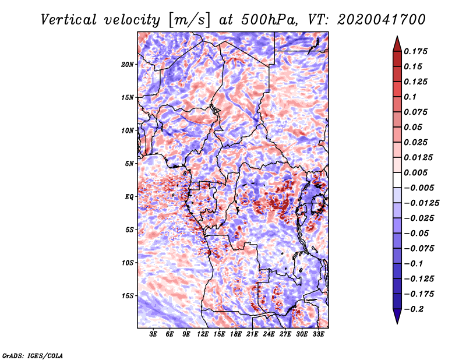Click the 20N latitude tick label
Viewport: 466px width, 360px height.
(x=128, y=65)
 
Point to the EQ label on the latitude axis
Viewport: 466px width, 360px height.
(x=129, y=197)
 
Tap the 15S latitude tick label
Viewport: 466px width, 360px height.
(x=128, y=296)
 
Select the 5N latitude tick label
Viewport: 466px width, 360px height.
(x=129, y=164)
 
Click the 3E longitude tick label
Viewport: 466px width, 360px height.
(x=153, y=334)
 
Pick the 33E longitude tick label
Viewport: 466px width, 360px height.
(x=318, y=334)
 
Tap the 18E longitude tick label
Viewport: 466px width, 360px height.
(x=236, y=334)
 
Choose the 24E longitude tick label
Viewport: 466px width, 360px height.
(x=269, y=334)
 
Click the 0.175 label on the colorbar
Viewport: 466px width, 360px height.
(x=415, y=51)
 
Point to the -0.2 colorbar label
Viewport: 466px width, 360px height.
(x=414, y=309)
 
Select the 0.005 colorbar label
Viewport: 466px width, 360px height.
(x=415, y=172)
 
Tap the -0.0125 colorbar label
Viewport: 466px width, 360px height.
(x=421, y=203)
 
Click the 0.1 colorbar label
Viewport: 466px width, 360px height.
(x=410, y=97)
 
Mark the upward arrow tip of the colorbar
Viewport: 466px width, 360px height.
(x=397, y=36)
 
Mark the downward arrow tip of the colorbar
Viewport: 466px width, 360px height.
(x=397, y=324)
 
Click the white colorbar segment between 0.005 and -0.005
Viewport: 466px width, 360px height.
(x=397, y=180)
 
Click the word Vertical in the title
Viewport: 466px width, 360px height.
(x=69, y=20)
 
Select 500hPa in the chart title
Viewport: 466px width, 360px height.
(x=269, y=20)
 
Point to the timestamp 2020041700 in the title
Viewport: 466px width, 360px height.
(x=382, y=20)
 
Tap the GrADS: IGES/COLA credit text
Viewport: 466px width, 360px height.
(x=33, y=356)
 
